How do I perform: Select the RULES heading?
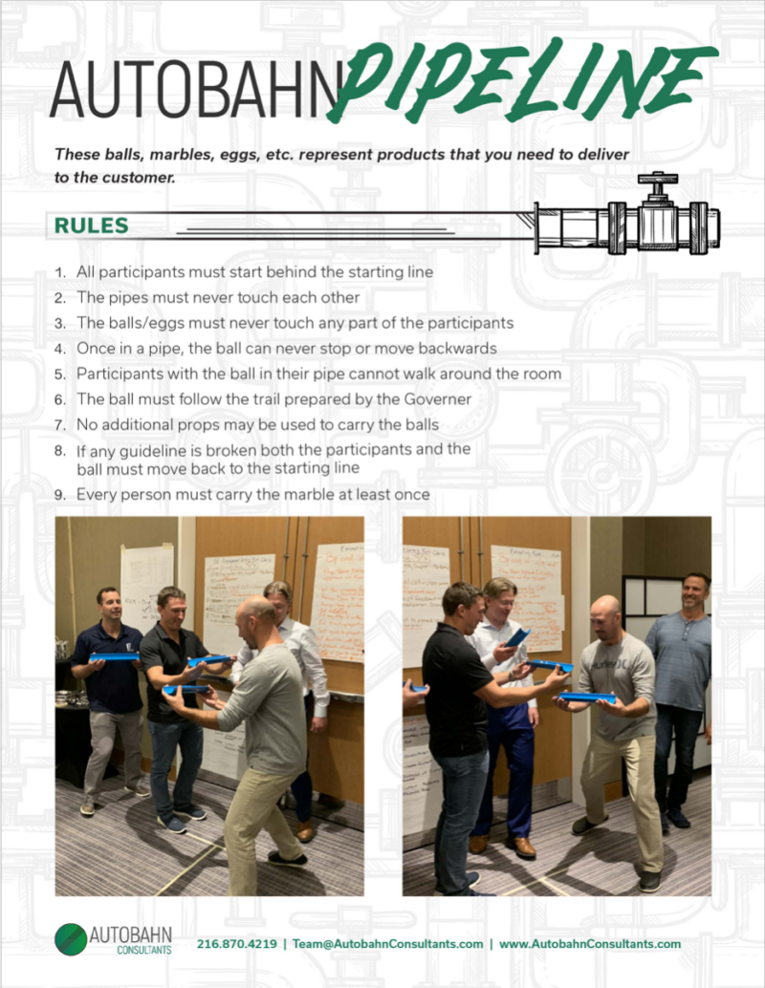(x=91, y=226)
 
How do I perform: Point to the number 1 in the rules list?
(x=59, y=272)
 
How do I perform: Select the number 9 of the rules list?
(x=59, y=495)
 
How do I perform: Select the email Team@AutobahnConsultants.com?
(x=387, y=944)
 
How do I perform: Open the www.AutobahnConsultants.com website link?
(x=590, y=944)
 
